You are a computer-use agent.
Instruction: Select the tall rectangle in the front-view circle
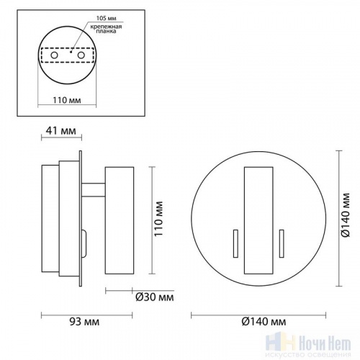coord(258,220)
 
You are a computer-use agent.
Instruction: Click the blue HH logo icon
coord(278,343)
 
